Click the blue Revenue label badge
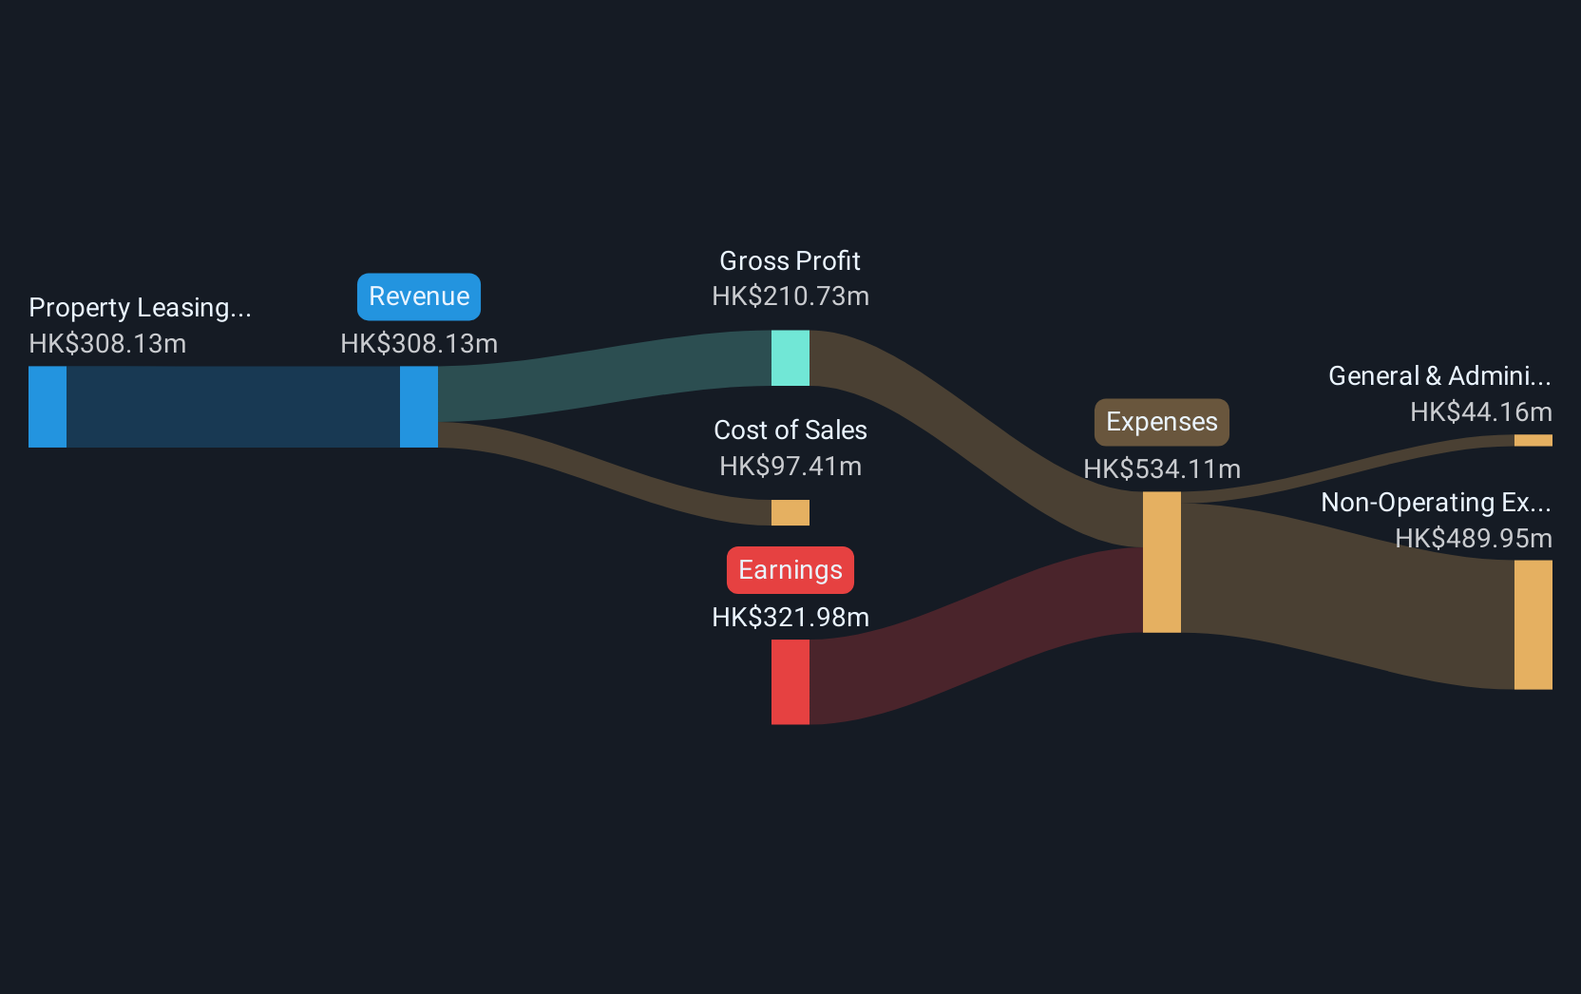tap(419, 296)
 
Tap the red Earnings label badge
tap(790, 570)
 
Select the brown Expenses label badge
tap(1162, 422)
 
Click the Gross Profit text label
tap(790, 261)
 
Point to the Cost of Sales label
tap(790, 430)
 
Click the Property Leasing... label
tap(140, 308)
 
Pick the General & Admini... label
tap(1439, 375)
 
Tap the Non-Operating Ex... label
tap(1437, 503)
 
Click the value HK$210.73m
tap(790, 296)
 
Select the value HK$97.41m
tap(790, 467)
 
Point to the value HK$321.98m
tap(790, 618)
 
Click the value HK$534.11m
tap(1162, 469)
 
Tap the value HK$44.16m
tap(1481, 412)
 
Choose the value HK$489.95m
tap(1473, 539)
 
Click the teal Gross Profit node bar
tap(790, 358)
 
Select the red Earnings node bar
tap(790, 682)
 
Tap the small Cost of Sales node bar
tap(790, 512)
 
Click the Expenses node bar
tap(1162, 562)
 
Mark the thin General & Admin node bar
tap(1533, 441)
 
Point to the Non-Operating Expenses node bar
tap(1533, 624)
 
